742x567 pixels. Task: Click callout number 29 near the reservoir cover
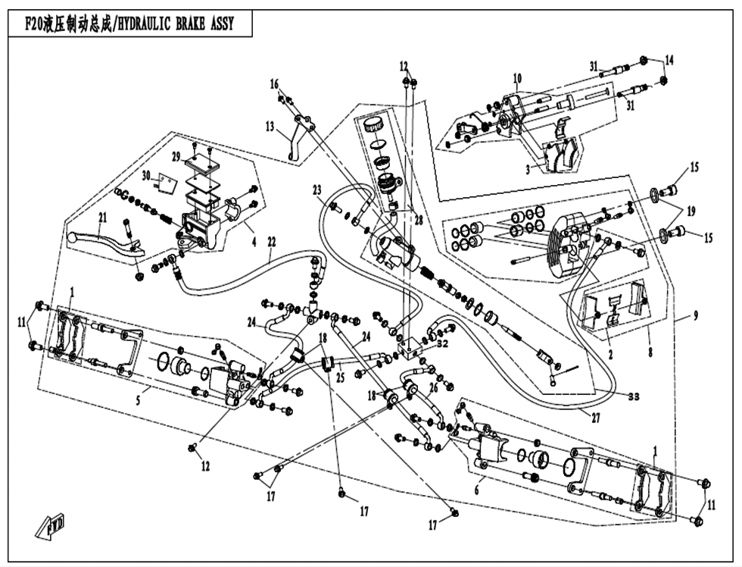(176, 157)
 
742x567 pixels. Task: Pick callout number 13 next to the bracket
(270, 127)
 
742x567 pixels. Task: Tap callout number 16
(274, 83)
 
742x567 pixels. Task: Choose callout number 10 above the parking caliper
(517, 78)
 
